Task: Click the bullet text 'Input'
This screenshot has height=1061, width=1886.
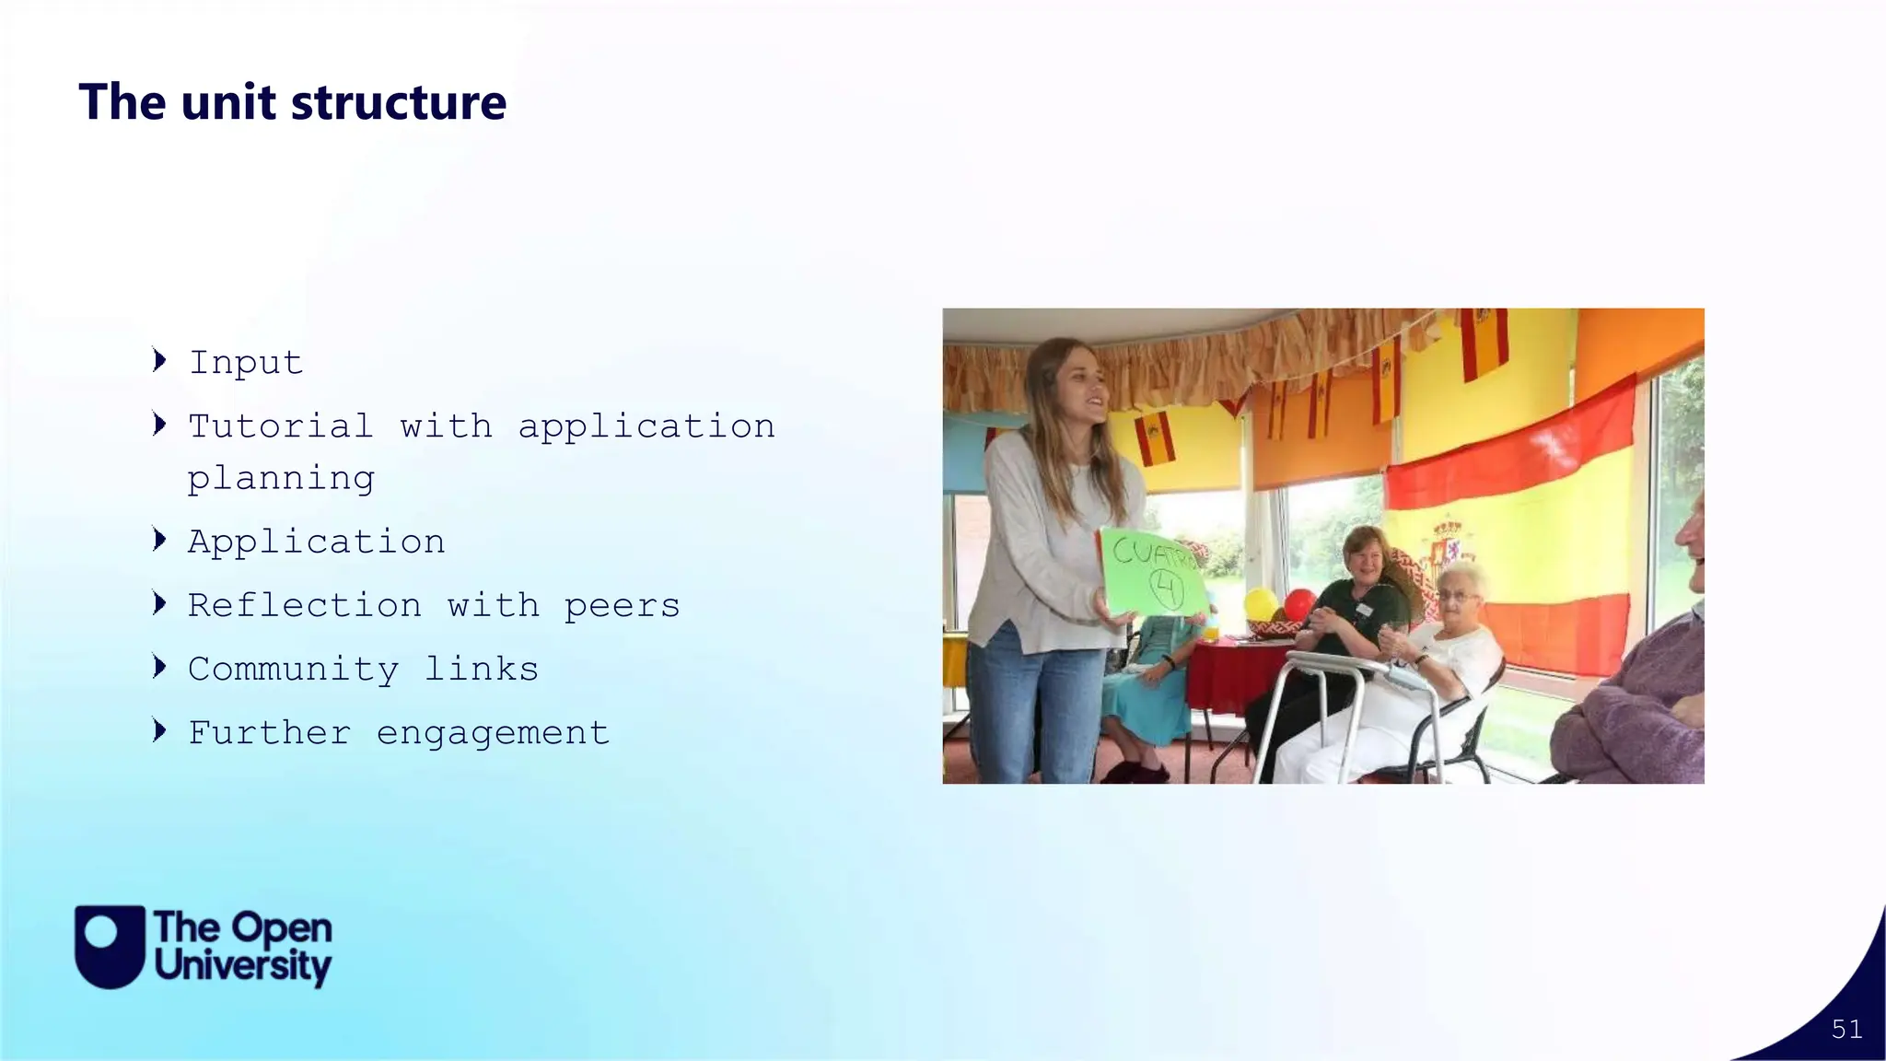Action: pos(246,363)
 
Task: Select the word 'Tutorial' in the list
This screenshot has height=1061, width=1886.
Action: pos(281,426)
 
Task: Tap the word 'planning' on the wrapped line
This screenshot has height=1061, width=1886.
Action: pos(281,479)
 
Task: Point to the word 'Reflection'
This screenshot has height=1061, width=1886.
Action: pos(305,605)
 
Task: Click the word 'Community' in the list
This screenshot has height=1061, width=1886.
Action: pos(294,670)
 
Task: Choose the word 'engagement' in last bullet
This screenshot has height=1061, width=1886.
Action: pos(493,733)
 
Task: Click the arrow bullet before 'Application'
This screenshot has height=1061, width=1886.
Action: pos(160,540)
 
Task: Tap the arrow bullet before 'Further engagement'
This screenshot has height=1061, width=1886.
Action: pos(160,731)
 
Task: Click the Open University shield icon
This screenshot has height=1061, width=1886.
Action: pos(110,946)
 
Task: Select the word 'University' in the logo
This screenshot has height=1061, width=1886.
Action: pos(243,966)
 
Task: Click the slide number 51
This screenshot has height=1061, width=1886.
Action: pos(1846,1029)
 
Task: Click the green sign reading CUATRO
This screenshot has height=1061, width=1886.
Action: pos(1153,571)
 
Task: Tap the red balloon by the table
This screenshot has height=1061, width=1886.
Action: pos(1299,605)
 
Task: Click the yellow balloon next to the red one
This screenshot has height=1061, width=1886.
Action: pos(1261,604)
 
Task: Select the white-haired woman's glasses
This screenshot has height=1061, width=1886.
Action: pos(1455,597)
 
